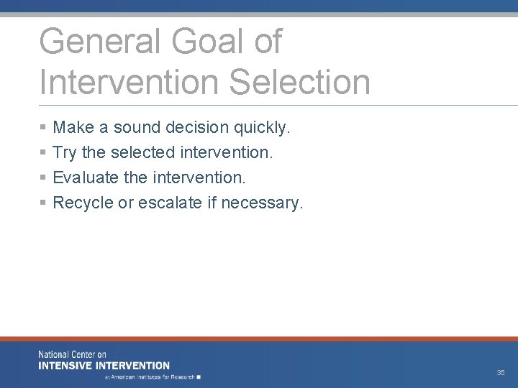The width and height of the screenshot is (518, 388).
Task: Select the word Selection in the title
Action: pyautogui.click(x=299, y=82)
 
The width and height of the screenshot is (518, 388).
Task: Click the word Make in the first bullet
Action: pyautogui.click(x=73, y=128)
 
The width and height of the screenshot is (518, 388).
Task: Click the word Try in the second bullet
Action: pyautogui.click(x=65, y=153)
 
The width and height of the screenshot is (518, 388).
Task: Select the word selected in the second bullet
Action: pyautogui.click(x=142, y=153)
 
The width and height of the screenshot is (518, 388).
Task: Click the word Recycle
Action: pyautogui.click(x=83, y=203)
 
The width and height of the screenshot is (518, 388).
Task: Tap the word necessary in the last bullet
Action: pyautogui.click(x=262, y=203)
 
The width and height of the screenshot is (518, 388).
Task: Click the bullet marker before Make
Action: pyautogui.click(x=43, y=128)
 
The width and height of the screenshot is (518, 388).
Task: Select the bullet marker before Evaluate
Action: pyautogui.click(x=43, y=178)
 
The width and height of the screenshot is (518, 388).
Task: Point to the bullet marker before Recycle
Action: pyautogui.click(x=43, y=203)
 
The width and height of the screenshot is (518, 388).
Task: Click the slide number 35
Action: pyautogui.click(x=500, y=373)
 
